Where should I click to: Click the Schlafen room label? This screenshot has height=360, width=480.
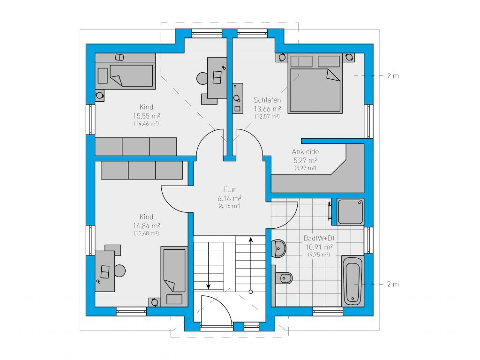[x=267, y=100]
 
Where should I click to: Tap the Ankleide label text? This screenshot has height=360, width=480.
[x=305, y=151]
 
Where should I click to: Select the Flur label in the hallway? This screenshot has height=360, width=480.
[x=229, y=189]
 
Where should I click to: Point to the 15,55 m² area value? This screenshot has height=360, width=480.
[x=146, y=116]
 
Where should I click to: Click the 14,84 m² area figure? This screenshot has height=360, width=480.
[x=146, y=226]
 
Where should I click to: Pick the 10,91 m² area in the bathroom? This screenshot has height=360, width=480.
[x=319, y=247]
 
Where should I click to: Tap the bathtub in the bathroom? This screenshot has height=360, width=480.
[x=352, y=281]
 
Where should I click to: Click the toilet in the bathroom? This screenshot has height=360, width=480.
[x=284, y=278]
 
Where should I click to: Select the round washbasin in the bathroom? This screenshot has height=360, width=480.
[x=278, y=248]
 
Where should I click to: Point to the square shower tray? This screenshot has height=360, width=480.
[x=351, y=211]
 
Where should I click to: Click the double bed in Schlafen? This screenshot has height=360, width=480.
[x=315, y=83]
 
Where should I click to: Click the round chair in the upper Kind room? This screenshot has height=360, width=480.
[x=202, y=78]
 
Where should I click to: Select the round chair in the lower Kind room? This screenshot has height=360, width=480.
[x=120, y=270]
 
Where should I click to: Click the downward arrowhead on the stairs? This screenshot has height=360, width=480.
[x=209, y=286]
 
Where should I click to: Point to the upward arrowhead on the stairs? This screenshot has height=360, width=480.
[x=251, y=240]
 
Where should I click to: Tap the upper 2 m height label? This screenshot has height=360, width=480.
[x=393, y=75]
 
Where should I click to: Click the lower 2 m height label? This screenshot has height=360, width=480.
[x=393, y=284]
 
